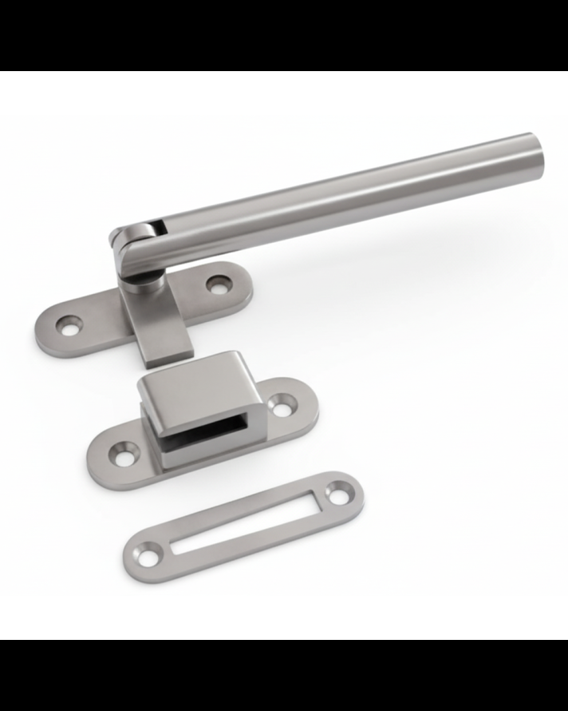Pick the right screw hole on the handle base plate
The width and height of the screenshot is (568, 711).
217,284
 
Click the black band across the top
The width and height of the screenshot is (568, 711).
284,35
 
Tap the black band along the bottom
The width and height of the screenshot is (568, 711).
284,675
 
